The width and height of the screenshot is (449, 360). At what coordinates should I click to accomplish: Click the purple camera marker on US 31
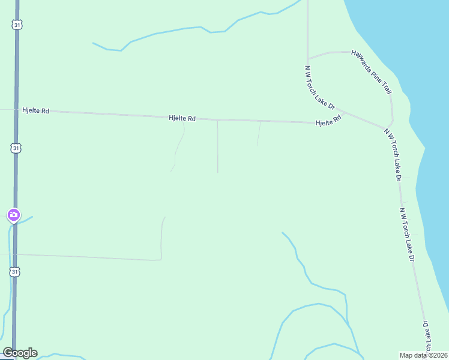13,215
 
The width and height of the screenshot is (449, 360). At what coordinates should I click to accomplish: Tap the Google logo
20,353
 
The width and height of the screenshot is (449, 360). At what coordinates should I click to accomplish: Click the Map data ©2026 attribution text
423,355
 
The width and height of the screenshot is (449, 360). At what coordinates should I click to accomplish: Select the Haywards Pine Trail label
371,72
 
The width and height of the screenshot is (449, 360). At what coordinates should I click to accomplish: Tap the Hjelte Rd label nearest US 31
35,111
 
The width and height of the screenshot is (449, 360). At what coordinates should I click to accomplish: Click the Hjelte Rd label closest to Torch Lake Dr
329,121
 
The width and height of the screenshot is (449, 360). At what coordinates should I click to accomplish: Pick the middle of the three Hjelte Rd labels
182,119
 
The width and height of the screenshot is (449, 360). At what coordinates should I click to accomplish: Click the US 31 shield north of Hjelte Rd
16,24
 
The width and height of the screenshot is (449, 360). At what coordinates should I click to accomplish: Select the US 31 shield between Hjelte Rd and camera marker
16,148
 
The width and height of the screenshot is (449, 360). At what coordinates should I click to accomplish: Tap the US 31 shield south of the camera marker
15,272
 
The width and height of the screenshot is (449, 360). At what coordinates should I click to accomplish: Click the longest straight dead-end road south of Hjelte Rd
217,147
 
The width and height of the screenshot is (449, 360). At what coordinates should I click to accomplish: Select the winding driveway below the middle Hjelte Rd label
178,147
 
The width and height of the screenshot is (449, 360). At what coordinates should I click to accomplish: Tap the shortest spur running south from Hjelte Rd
259,134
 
